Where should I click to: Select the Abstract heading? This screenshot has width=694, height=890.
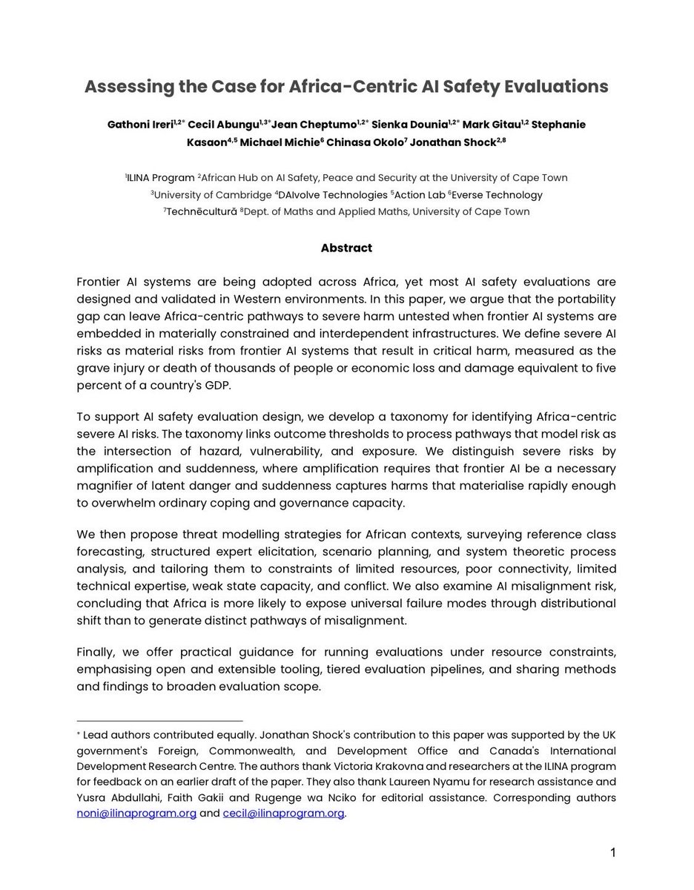click(346, 248)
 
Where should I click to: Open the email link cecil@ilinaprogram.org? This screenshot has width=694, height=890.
click(283, 813)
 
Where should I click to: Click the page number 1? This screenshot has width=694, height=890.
click(613, 852)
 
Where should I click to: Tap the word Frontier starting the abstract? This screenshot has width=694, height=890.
click(102, 282)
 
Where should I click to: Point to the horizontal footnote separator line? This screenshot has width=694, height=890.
click(159, 720)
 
